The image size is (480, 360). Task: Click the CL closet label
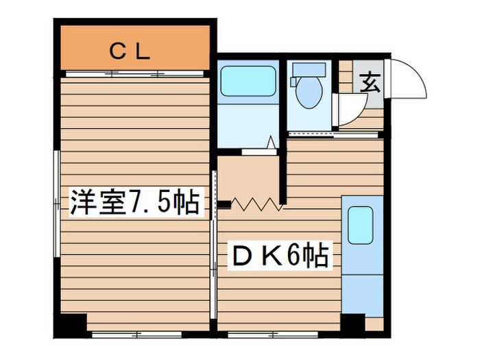[130, 51]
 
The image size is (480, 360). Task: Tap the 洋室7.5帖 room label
[134, 203]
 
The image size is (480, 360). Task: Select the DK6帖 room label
[278, 257]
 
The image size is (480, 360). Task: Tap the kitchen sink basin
[360, 225]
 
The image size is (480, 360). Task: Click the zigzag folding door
[257, 204]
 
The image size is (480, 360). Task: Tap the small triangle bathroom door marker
[272, 143]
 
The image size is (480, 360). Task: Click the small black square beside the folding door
[224, 203]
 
